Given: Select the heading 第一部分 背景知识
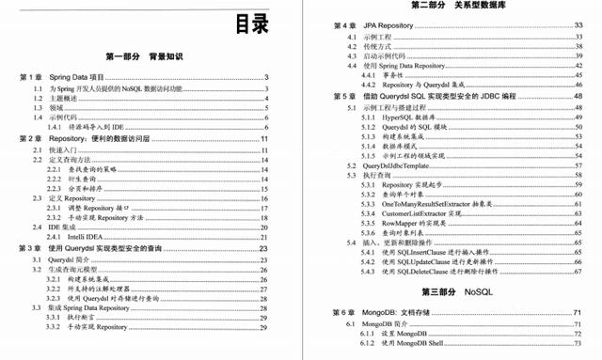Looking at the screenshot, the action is [x=150, y=57].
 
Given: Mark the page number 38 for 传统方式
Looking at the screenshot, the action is [x=578, y=44].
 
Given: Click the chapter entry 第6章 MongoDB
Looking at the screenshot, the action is [x=366, y=312].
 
